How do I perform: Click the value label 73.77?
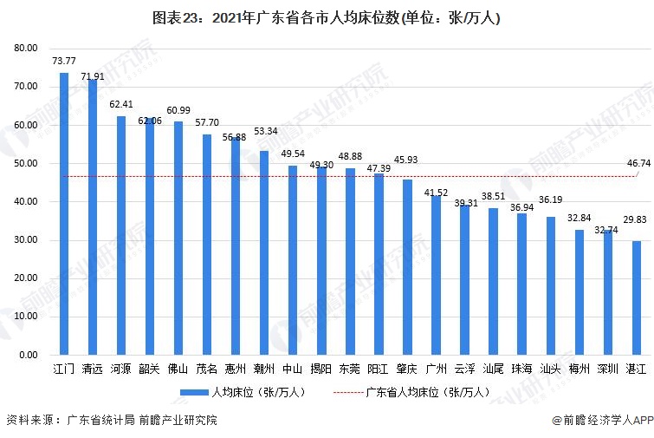(x=64, y=62)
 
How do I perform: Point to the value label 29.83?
(x=637, y=230)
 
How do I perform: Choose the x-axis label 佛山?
(x=178, y=369)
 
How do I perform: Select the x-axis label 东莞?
(x=350, y=369)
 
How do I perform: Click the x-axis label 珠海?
(x=521, y=369)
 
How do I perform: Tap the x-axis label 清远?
(x=93, y=369)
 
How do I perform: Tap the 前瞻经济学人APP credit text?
(x=598, y=422)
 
